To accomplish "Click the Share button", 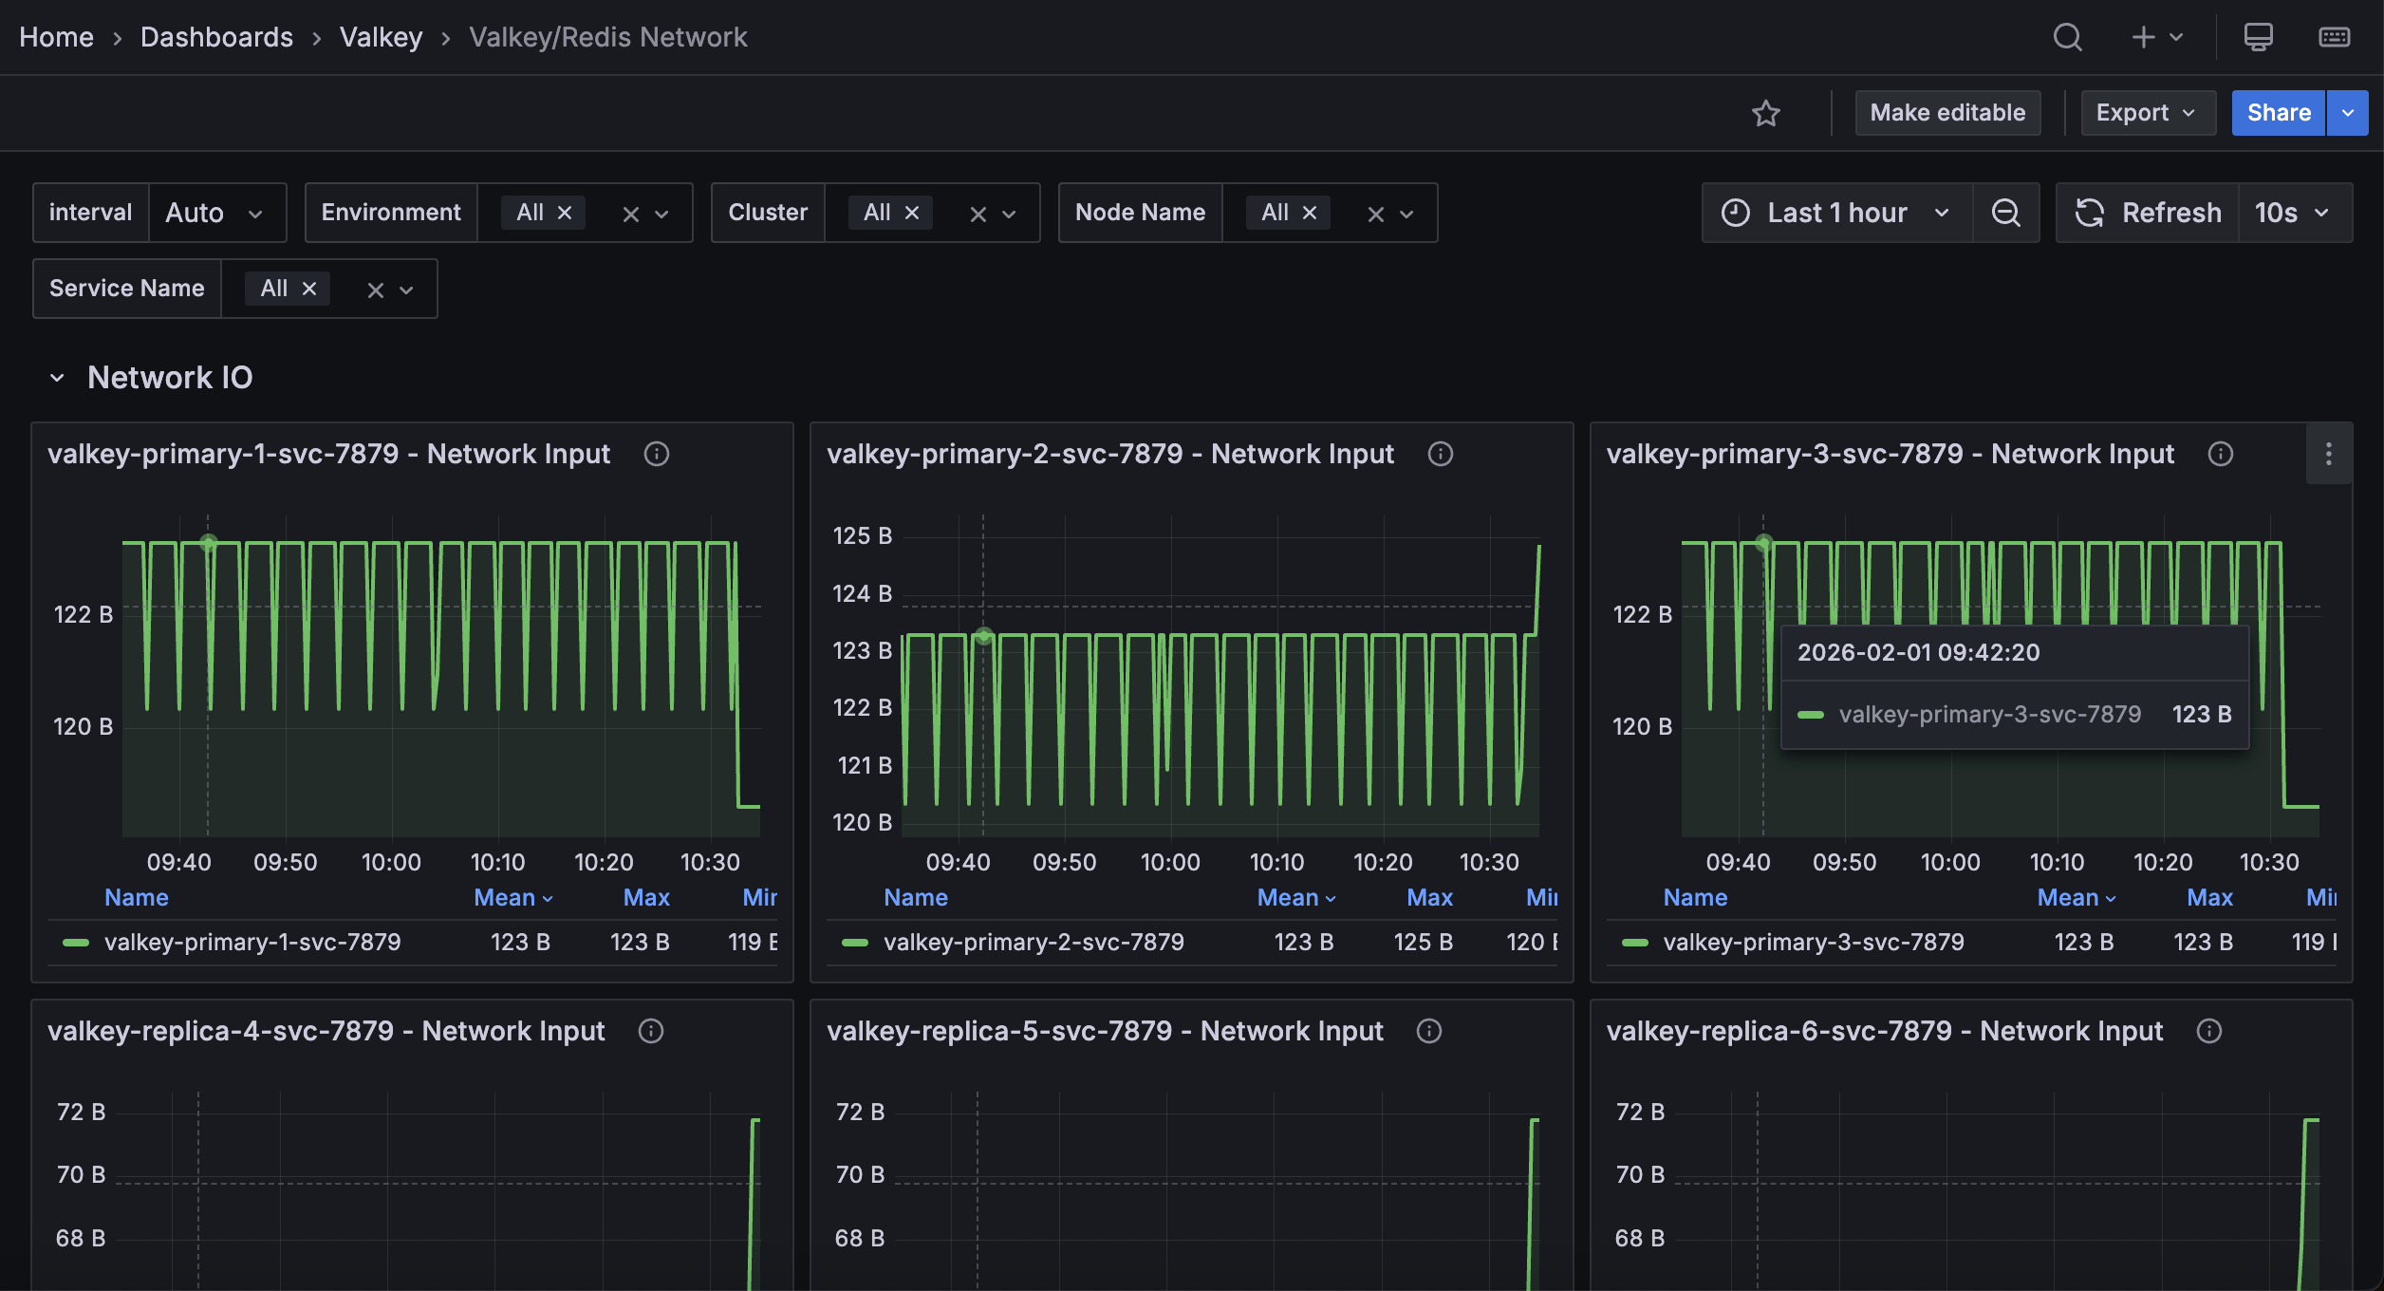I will point(2277,113).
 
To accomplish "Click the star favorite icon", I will point(1765,114).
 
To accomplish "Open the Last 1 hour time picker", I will point(1836,213).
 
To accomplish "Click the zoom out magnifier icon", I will point(2005,213).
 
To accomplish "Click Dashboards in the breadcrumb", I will point(216,37).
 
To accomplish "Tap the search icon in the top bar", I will point(2067,37).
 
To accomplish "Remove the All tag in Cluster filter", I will point(912,213).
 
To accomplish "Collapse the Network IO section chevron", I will point(57,378).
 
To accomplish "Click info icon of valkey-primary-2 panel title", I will point(1440,454).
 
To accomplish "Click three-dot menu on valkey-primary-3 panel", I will point(2328,454).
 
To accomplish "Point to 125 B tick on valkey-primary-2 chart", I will point(862,536).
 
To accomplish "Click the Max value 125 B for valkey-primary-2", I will point(1422,942).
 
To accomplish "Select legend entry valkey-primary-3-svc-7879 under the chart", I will point(1813,942).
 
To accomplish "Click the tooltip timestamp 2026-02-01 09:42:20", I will point(1918,652).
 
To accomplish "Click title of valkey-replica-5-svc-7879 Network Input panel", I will point(1105,1031).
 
